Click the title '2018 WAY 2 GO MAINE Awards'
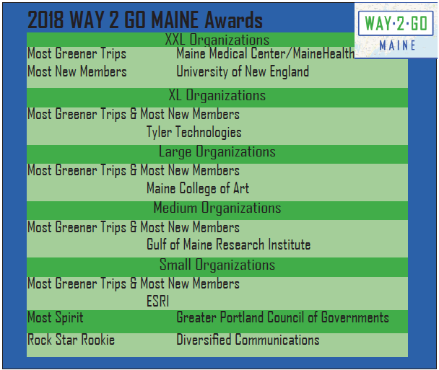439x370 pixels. tap(145, 20)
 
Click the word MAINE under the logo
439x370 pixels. tap(397, 45)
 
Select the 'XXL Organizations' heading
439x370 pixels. tap(217, 40)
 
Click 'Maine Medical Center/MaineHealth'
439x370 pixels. tap(266, 53)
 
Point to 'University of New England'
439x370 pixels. tap(243, 71)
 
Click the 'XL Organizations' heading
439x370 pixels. tap(217, 95)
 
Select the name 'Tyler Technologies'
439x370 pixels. tap(194, 132)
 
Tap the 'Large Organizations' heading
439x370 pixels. tap(217, 152)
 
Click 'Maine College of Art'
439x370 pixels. tap(198, 188)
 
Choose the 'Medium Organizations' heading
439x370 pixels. tap(217, 208)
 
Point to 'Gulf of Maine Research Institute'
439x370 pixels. tap(228, 245)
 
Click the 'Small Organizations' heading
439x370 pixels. tap(217, 265)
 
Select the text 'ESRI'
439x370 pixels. tap(157, 301)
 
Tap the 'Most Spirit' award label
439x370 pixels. tap(55, 317)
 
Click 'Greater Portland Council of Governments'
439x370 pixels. tap(282, 317)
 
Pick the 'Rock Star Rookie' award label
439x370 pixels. tap(71, 340)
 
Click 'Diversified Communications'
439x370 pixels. tap(248, 340)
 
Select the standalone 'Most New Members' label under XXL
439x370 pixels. tap(77, 71)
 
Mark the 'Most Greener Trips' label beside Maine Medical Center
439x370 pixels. tap(77, 53)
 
